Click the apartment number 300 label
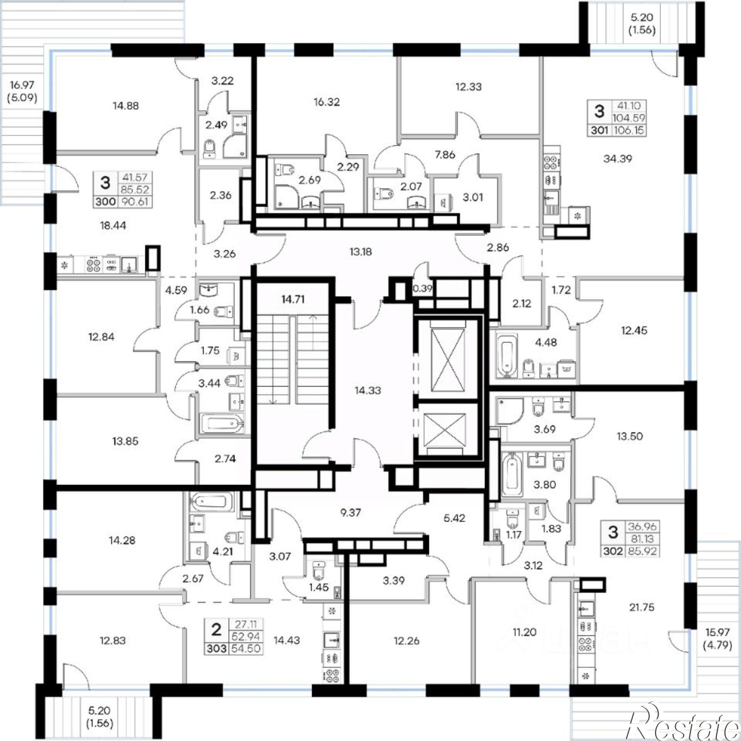[x=106, y=201]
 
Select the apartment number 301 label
[x=599, y=130]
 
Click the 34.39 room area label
[x=618, y=159]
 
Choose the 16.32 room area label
[x=326, y=102]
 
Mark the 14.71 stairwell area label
[x=293, y=299]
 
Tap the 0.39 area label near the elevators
[x=423, y=288]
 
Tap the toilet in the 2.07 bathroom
[x=383, y=195]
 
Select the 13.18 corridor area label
[x=360, y=252]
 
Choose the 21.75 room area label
[x=642, y=607]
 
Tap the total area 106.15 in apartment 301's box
[x=629, y=130]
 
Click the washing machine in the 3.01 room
[x=445, y=200]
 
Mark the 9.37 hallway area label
[x=350, y=512]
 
